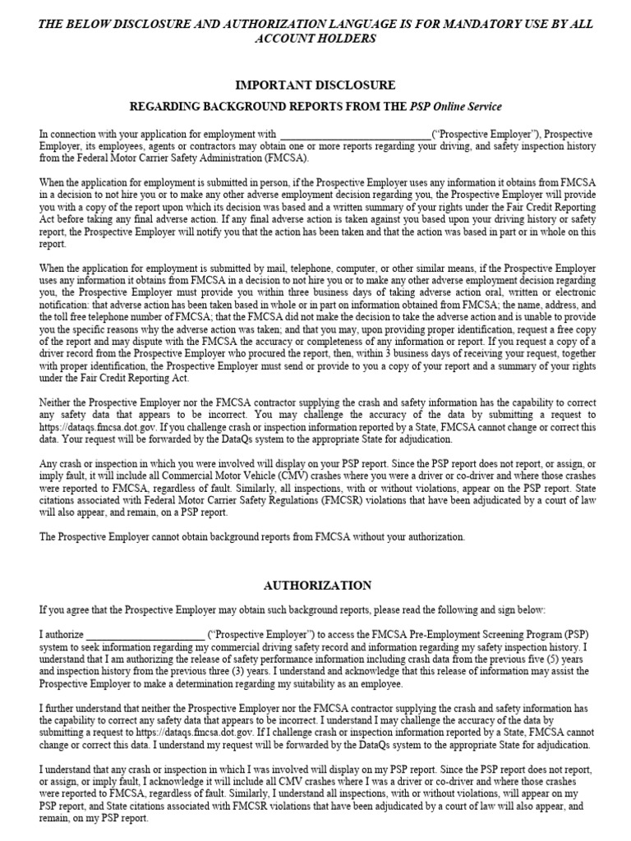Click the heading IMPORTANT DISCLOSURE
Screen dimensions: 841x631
coord(315,85)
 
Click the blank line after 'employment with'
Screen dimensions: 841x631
coord(355,135)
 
